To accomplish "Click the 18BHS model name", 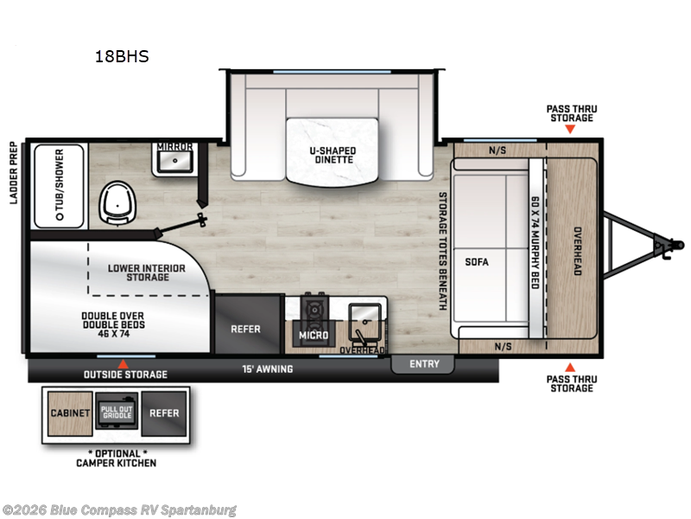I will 123,57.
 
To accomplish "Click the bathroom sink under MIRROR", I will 175,161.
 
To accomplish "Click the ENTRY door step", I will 423,364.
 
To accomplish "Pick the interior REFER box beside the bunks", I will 245,329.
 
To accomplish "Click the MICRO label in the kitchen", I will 313,335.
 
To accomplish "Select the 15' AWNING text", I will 267,369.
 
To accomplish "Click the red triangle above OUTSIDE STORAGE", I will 123,363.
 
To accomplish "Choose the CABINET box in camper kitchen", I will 69,413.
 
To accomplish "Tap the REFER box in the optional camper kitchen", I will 163,413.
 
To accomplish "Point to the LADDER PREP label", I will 13,174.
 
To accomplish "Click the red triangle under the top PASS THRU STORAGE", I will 570,130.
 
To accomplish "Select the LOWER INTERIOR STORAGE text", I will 147,273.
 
